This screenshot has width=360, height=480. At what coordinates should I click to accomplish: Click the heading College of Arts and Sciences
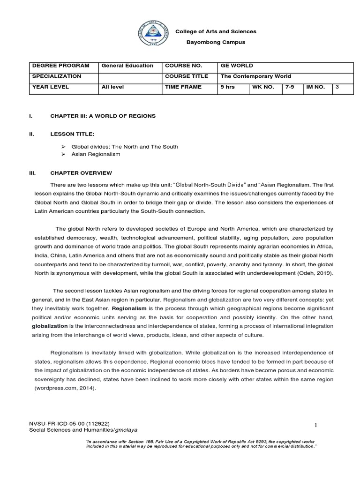point(216,31)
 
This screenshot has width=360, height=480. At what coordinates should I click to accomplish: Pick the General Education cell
point(127,66)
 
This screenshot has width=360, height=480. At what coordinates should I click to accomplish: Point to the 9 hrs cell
point(228,87)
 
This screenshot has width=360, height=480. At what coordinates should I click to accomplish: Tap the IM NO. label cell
point(315,87)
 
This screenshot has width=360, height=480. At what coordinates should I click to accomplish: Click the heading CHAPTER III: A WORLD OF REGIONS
point(103,115)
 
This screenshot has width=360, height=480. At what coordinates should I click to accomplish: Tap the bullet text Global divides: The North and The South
point(124,147)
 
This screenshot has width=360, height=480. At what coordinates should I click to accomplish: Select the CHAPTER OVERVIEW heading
point(81,173)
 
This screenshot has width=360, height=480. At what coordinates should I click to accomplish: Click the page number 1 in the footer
point(316,425)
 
